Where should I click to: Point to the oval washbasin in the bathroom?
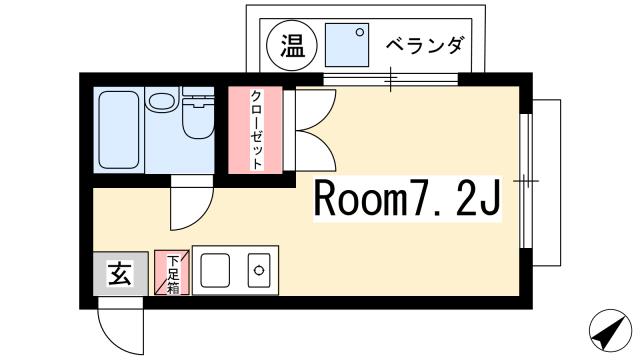point(160,102)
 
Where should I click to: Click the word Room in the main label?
point(359,201)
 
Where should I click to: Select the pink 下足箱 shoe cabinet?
point(171,272)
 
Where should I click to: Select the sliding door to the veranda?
point(390,78)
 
